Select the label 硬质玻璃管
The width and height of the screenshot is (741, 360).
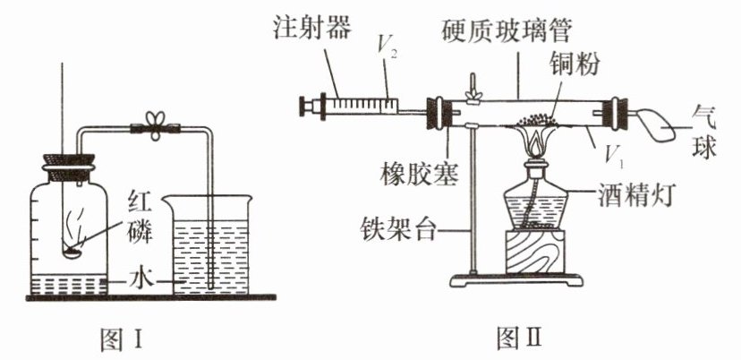click(x=506, y=34)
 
